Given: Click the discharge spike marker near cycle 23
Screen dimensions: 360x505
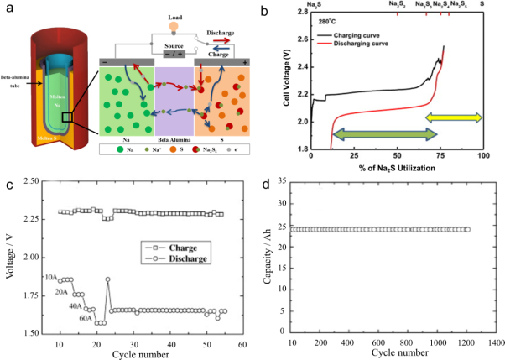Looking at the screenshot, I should (x=108, y=279).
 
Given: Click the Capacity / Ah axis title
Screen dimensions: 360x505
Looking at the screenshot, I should (x=267, y=256).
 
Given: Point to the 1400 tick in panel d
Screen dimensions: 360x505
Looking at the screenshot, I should (x=495, y=343).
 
